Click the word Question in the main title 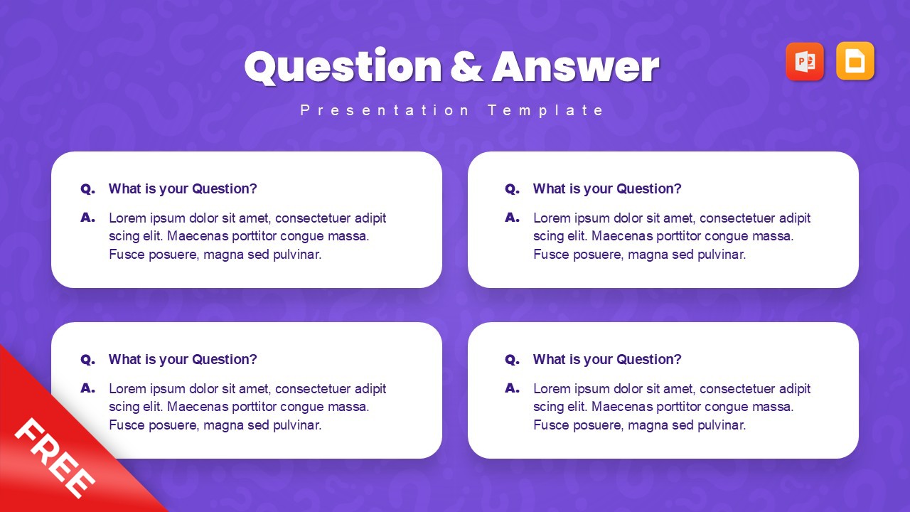pyautogui.click(x=343, y=67)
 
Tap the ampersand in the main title pyautogui.click(x=467, y=67)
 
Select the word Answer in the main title pyautogui.click(x=576, y=67)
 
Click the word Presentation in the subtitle pyautogui.click(x=385, y=110)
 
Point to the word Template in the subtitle pyautogui.click(x=545, y=110)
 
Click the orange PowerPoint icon pyautogui.click(x=805, y=61)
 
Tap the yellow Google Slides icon pyautogui.click(x=855, y=61)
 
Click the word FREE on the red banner pyautogui.click(x=55, y=458)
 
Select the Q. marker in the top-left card pyautogui.click(x=87, y=189)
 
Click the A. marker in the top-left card pyautogui.click(x=87, y=218)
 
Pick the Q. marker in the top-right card pyautogui.click(x=513, y=189)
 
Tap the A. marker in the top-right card pyautogui.click(x=513, y=218)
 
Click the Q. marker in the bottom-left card pyautogui.click(x=87, y=360)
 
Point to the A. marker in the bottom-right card pyautogui.click(x=513, y=388)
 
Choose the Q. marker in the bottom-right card pyautogui.click(x=513, y=360)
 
